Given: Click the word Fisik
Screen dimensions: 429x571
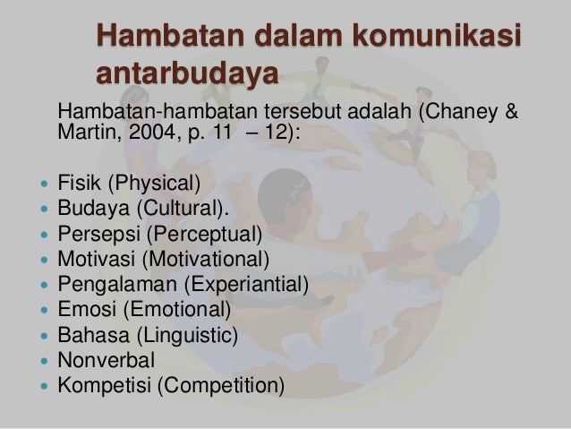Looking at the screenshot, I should [79, 185].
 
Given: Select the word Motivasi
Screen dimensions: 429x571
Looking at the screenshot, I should [92, 261].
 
